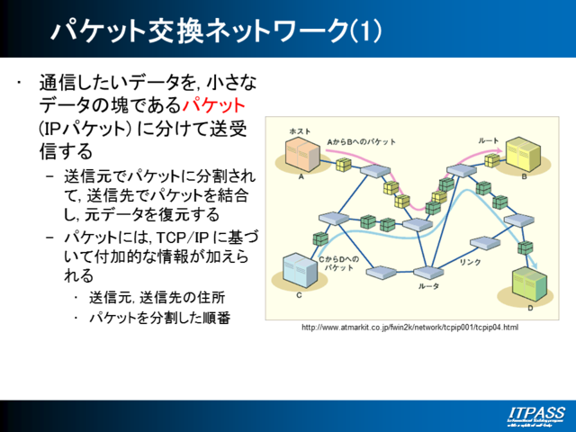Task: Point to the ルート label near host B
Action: (488, 141)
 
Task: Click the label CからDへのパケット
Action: (338, 264)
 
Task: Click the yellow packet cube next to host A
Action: (342, 165)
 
